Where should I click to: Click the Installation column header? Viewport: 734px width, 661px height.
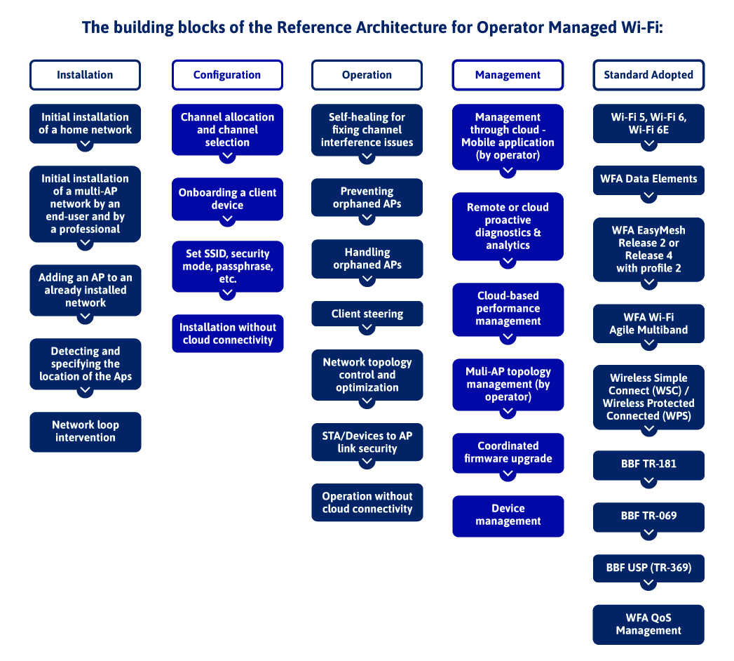(85, 74)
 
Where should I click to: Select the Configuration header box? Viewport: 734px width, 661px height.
(227, 74)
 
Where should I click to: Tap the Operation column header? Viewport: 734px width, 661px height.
(367, 74)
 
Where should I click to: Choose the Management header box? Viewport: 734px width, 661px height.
(508, 74)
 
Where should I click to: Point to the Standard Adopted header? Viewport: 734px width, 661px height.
(648, 74)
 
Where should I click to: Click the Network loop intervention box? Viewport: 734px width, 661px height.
(85, 432)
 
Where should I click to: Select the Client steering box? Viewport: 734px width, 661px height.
(367, 314)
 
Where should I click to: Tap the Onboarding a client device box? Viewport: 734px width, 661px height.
(227, 199)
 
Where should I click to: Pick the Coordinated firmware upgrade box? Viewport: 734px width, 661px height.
(508, 452)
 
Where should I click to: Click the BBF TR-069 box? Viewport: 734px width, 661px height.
(648, 516)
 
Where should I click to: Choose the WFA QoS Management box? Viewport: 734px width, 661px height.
(648, 624)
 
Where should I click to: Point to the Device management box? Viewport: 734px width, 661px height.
(508, 515)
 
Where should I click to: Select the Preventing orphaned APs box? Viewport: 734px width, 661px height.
(367, 197)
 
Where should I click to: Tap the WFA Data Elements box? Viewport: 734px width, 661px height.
(648, 179)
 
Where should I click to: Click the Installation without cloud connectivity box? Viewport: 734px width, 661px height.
(227, 333)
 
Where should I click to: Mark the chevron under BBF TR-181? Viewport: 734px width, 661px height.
(648, 481)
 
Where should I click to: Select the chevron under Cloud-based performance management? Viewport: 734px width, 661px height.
(508, 337)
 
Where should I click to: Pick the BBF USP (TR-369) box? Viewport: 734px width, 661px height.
(648, 568)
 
